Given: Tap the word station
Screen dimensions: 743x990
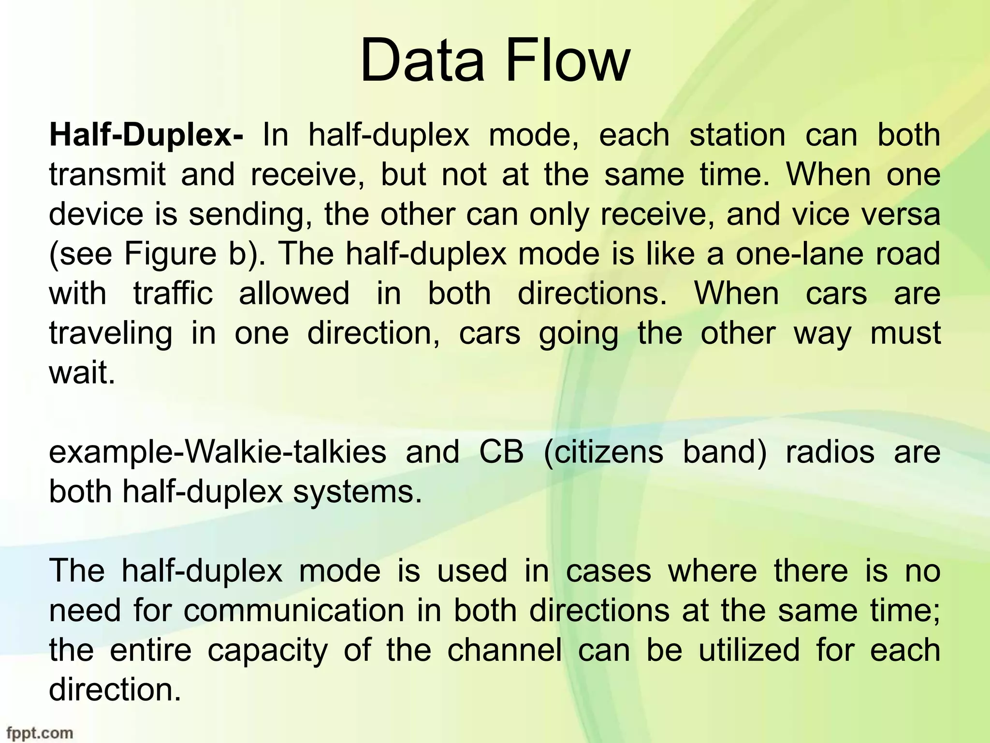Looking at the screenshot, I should (x=737, y=135).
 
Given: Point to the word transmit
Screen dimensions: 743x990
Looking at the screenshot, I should (x=107, y=175).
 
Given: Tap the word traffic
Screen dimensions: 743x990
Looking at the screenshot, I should (x=173, y=294).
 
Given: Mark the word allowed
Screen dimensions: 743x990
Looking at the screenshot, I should (x=294, y=294).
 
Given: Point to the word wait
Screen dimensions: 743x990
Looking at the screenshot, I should (x=82, y=373).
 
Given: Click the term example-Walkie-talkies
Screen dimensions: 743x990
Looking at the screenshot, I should (x=218, y=452).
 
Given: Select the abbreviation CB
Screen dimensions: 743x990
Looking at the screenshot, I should (x=501, y=452).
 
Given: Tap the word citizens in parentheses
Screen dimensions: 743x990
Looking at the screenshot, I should (x=604, y=452).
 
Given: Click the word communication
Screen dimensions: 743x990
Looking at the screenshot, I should (x=293, y=611).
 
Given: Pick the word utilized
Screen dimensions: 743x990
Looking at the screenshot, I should (x=749, y=651).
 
